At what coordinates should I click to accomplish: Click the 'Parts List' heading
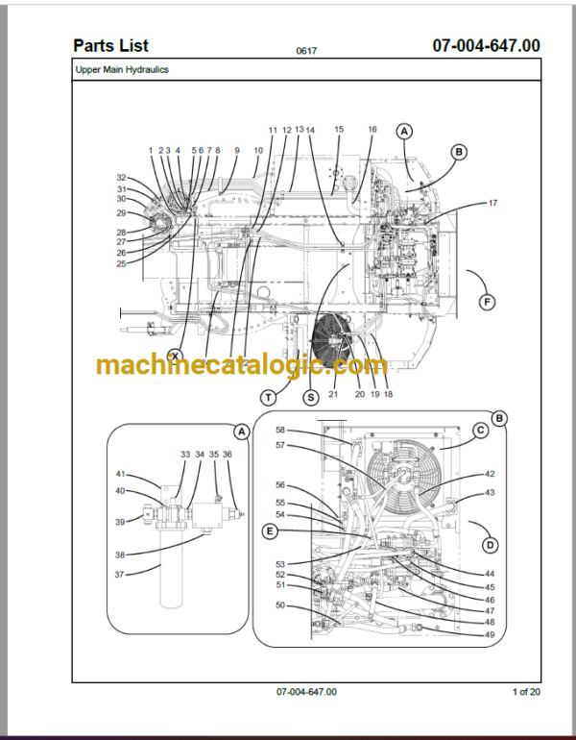(x=110, y=46)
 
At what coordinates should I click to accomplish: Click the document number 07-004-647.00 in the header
(x=486, y=45)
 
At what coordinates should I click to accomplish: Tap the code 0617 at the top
(x=306, y=51)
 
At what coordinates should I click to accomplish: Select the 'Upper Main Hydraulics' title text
(x=122, y=69)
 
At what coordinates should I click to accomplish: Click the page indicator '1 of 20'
(x=526, y=692)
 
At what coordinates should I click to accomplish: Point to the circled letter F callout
(x=487, y=302)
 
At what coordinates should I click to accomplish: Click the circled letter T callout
(x=268, y=397)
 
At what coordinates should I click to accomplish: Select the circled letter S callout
(x=311, y=397)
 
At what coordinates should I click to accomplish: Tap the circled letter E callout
(x=270, y=531)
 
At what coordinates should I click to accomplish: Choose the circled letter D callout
(x=491, y=545)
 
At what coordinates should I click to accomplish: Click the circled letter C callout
(x=481, y=431)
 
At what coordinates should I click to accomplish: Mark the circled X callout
(x=176, y=356)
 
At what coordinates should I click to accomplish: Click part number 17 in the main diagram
(x=492, y=203)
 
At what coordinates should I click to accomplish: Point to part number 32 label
(x=122, y=178)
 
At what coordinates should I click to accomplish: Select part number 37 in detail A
(x=120, y=575)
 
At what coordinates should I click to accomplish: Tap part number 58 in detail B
(x=280, y=430)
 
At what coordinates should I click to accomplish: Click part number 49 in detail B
(x=490, y=634)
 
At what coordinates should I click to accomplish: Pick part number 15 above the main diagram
(x=339, y=129)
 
